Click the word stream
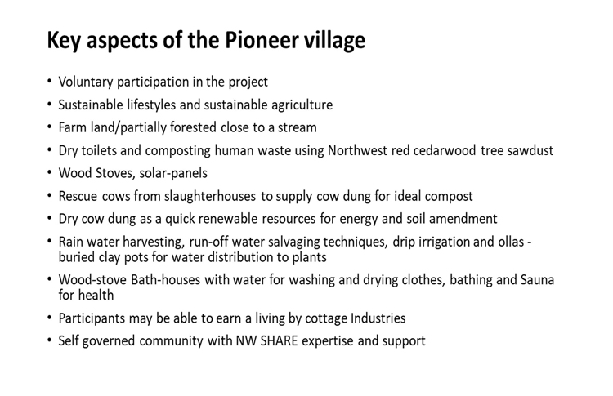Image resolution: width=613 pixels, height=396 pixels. (297, 127)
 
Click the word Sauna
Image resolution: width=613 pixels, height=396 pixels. (537, 280)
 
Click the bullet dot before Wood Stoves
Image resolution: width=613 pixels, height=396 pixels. (49, 172)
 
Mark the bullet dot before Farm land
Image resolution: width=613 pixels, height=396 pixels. (49, 127)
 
